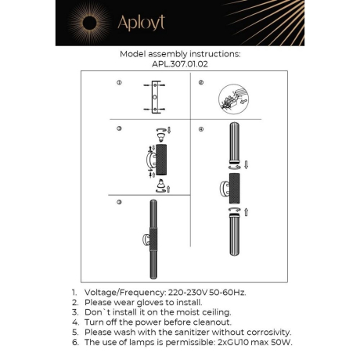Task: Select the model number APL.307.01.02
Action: [179, 66]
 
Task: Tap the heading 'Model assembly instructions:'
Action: [179, 55]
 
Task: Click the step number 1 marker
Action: [119, 82]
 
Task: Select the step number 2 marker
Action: [201, 82]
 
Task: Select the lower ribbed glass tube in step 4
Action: [232, 243]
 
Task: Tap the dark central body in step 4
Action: [231, 190]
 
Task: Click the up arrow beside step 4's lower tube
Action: [247, 211]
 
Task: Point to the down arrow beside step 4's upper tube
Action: [247, 166]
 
